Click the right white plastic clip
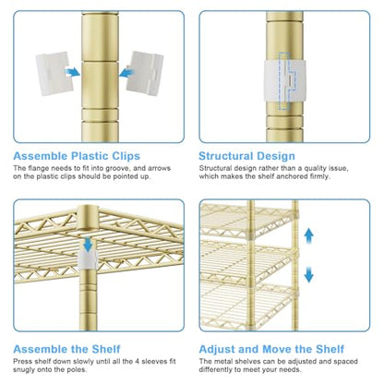tap(145, 73)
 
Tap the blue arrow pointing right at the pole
tap(72, 73)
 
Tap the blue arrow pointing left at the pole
tap(126, 73)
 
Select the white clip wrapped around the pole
tap(285, 81)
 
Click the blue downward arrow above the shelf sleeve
tap(89, 244)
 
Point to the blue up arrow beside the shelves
tap(308, 236)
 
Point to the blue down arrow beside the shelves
tap(308, 275)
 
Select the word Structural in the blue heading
tap(227, 156)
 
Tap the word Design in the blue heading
tap(276, 157)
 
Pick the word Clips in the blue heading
tap(126, 157)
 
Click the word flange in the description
tap(39, 168)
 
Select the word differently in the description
tap(215, 369)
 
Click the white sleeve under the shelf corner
tap(88, 259)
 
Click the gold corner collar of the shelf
tap(88, 218)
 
